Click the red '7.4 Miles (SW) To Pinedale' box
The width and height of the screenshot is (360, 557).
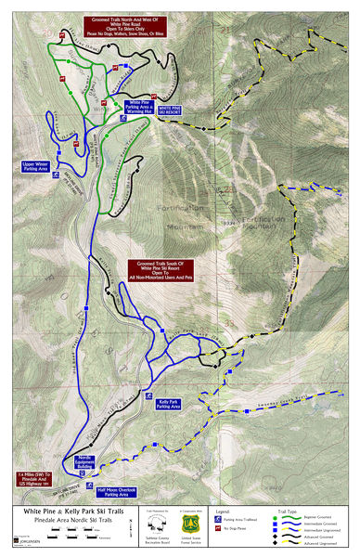coord(34,461)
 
